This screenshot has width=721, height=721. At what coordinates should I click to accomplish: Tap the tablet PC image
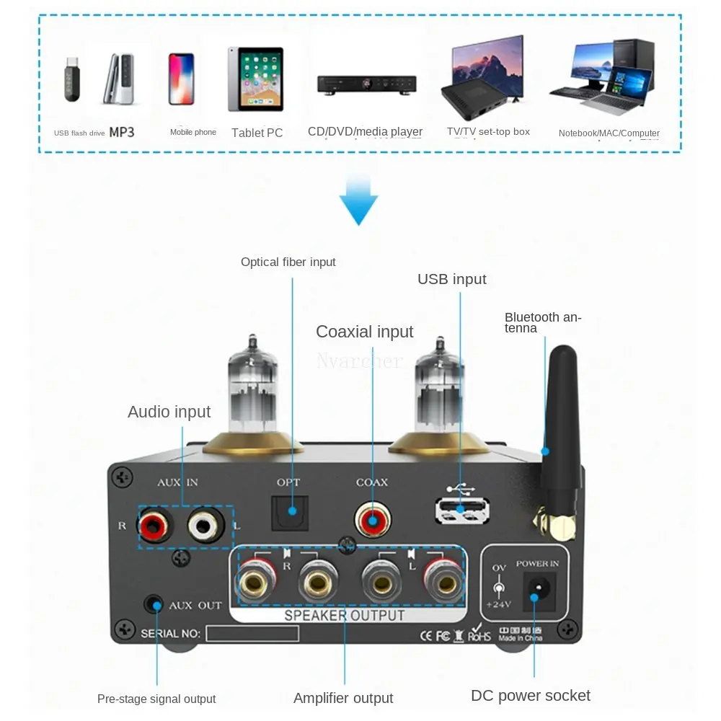tap(255, 79)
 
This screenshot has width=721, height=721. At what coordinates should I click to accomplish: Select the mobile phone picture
tap(182, 79)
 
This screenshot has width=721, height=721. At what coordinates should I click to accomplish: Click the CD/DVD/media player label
tap(365, 131)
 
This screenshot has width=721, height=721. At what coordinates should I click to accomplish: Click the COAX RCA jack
tap(372, 519)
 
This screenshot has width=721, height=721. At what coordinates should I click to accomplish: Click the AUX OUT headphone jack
tap(154, 604)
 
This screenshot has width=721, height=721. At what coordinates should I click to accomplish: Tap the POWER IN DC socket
tap(536, 595)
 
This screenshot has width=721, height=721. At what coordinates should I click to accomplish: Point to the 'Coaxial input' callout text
tap(364, 332)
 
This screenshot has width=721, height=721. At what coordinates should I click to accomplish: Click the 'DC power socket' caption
tap(530, 696)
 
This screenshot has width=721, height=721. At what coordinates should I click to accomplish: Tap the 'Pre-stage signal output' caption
tap(156, 699)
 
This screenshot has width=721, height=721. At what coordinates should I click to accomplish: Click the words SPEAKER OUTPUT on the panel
tap(344, 615)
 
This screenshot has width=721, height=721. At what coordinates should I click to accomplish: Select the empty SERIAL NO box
tap(252, 634)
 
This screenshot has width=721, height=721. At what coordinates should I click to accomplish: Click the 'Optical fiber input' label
tap(288, 262)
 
